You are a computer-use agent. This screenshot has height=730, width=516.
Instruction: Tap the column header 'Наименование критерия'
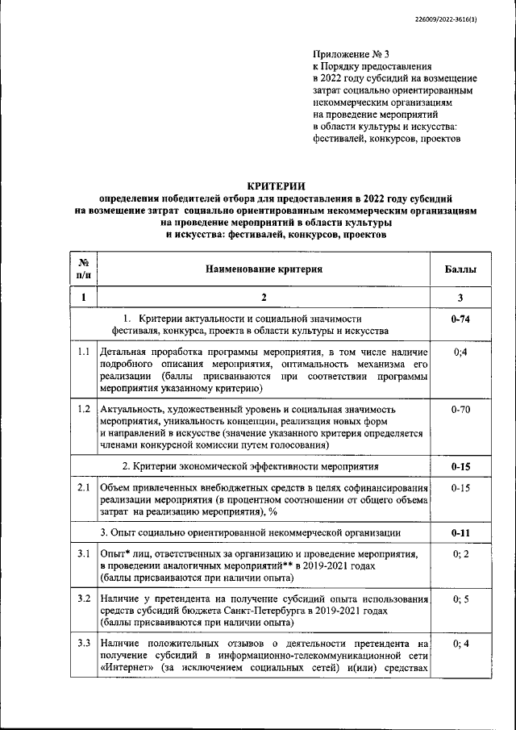click(x=264, y=269)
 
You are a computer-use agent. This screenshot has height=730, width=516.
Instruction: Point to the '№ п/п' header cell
click(x=83, y=269)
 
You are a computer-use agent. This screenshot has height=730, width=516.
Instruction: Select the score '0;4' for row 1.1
click(x=460, y=352)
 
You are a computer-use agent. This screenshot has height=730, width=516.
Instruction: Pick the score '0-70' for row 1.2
click(x=460, y=410)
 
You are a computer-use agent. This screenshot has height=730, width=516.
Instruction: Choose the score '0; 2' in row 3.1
click(x=460, y=556)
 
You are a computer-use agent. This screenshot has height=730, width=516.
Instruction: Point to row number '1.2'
click(x=83, y=410)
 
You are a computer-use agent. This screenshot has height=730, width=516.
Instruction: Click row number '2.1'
click(x=83, y=488)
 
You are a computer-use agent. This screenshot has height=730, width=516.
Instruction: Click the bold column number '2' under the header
click(x=264, y=298)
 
